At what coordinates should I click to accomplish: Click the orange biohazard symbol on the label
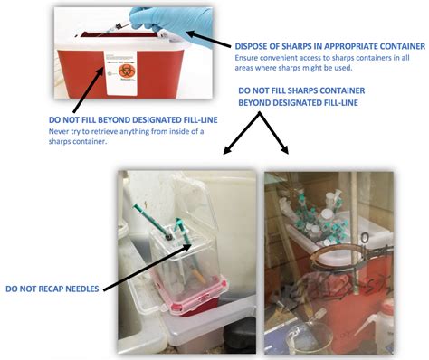(x=127, y=71)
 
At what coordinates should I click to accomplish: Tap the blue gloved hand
(x=172, y=22)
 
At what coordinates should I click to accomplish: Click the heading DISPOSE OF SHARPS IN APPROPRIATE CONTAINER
(x=330, y=46)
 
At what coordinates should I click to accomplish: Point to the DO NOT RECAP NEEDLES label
(x=52, y=289)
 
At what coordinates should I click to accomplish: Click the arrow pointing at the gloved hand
(x=210, y=39)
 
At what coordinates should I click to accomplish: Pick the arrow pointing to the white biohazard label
(x=89, y=90)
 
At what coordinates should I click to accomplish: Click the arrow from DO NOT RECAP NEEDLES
(x=148, y=268)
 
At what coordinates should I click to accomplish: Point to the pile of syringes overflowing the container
(x=314, y=217)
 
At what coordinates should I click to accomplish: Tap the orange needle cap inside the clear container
(x=199, y=276)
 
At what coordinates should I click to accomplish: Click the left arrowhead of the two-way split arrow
(x=227, y=150)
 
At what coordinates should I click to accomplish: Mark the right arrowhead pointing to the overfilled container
(x=285, y=149)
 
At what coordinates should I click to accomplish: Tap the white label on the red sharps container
(x=120, y=73)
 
